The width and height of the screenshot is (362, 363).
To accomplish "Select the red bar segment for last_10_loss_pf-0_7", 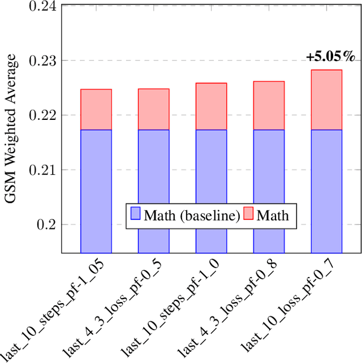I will pyautogui.click(x=326, y=100).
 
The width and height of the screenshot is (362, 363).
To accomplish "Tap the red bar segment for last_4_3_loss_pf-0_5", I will pyautogui.click(x=153, y=109).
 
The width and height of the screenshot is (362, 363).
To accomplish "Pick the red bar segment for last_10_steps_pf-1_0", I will pyautogui.click(x=211, y=106).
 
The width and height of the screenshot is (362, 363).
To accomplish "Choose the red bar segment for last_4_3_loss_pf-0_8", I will pyautogui.click(x=269, y=106).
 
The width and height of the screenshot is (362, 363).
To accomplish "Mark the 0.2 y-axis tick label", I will pyautogui.click(x=48, y=225).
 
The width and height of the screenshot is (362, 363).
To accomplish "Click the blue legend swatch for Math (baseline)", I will pyautogui.click(x=135, y=215).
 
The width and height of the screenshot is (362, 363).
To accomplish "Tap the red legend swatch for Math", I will pyautogui.click(x=249, y=215).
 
